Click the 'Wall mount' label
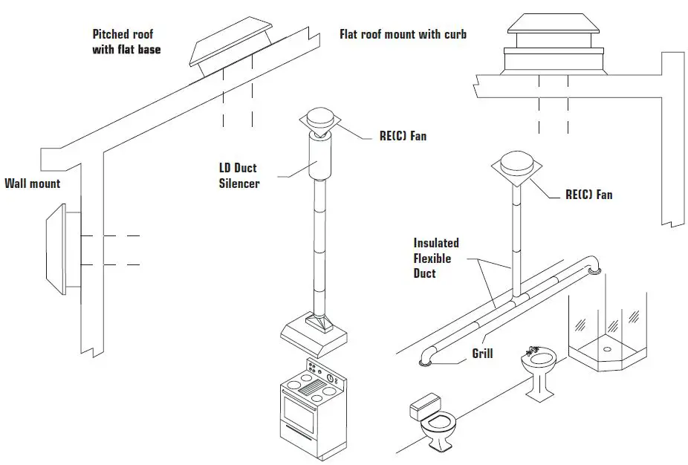click(x=32, y=183)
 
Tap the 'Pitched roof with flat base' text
click(x=126, y=42)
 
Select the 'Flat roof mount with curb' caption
click(x=403, y=34)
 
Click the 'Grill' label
click(x=482, y=354)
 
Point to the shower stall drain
click(x=607, y=348)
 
